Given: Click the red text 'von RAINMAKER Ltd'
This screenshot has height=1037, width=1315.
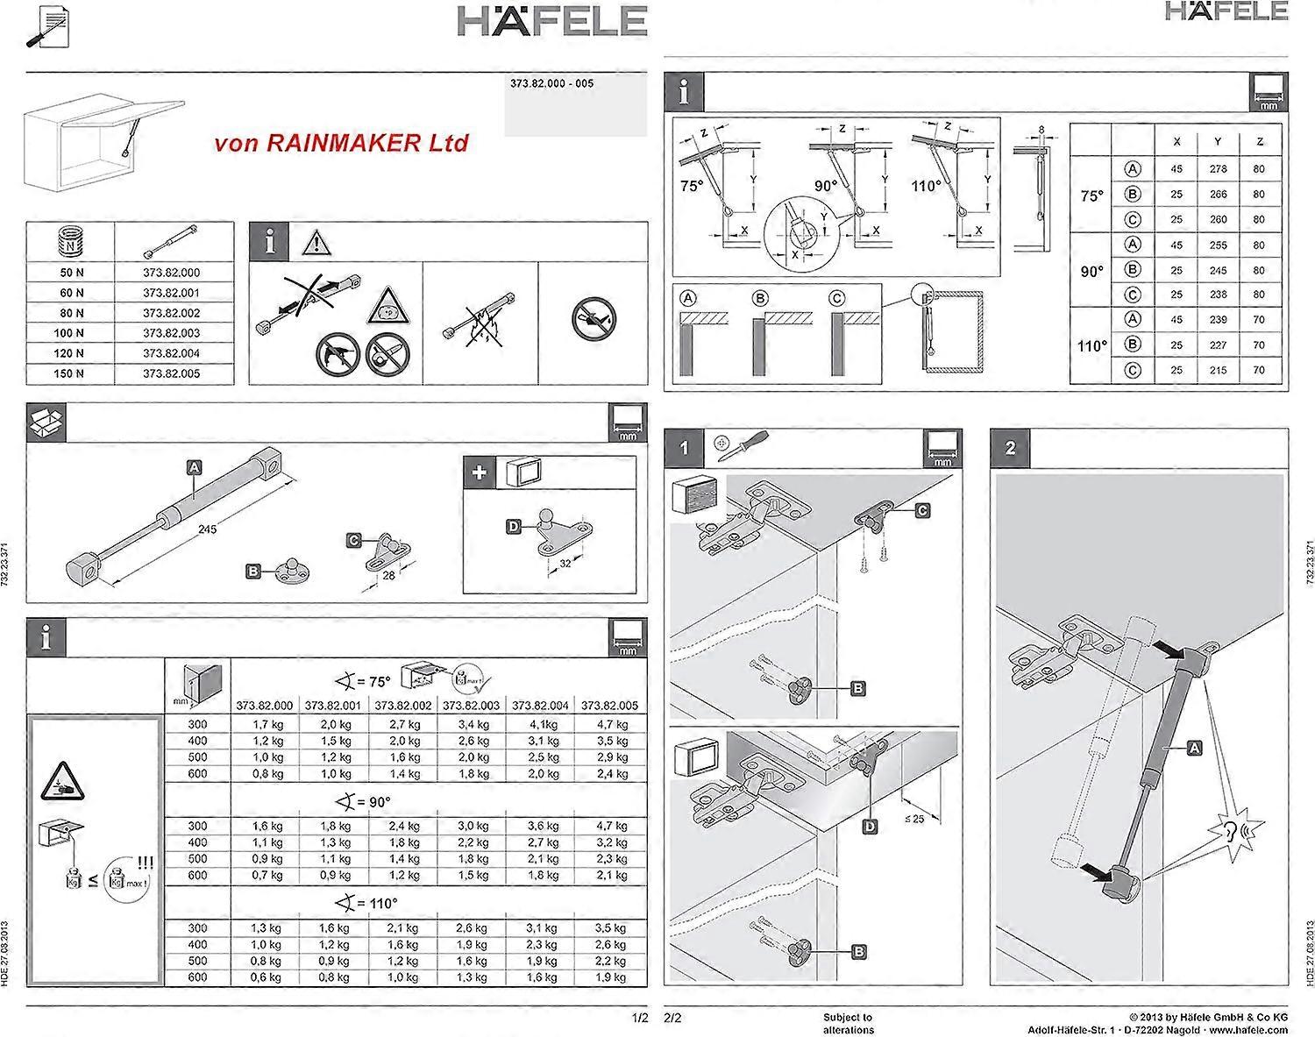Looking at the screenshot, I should pyautogui.click(x=341, y=143).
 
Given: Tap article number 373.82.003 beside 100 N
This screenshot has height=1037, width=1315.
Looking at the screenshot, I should pyautogui.click(x=172, y=333).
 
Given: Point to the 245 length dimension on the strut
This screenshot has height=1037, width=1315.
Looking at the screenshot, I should pyautogui.click(x=207, y=529).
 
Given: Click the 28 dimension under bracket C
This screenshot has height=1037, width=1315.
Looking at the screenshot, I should pyautogui.click(x=388, y=576).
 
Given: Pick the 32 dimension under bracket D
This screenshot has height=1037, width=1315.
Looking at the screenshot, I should pyautogui.click(x=565, y=564).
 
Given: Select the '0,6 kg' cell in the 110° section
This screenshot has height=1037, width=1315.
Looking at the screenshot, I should pyautogui.click(x=267, y=977).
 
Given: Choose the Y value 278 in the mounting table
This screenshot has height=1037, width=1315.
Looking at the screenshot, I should pyautogui.click(x=1218, y=168).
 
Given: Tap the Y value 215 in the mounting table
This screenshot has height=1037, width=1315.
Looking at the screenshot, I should pyautogui.click(x=1218, y=370).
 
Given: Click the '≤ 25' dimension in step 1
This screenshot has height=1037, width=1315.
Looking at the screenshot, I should pyautogui.click(x=913, y=819).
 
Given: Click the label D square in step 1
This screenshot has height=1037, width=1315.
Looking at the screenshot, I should pyautogui.click(x=870, y=826).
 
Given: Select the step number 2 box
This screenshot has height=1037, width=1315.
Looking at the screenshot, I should pyautogui.click(x=1010, y=448).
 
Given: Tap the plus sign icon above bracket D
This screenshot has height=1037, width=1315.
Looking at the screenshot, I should pyautogui.click(x=480, y=473).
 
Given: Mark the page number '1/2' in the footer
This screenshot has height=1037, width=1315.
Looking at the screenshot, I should pyautogui.click(x=638, y=1018).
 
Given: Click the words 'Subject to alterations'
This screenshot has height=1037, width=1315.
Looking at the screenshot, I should pyautogui.click(x=848, y=1023).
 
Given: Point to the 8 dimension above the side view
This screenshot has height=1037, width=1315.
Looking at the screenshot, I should pyautogui.click(x=1041, y=131).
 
